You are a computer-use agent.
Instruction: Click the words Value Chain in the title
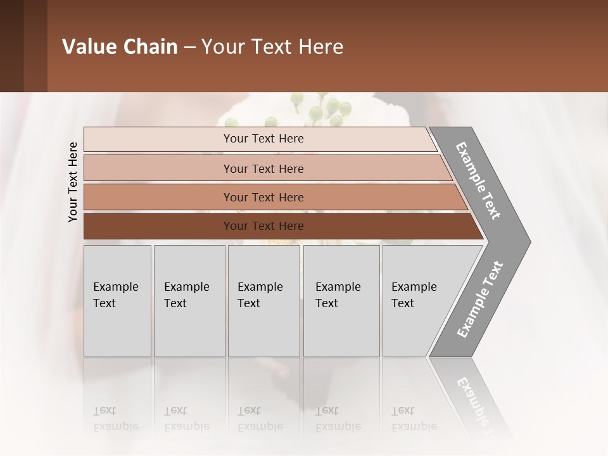(x=120, y=47)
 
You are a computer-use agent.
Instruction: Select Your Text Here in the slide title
(x=272, y=47)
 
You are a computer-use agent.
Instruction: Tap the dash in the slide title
(x=189, y=47)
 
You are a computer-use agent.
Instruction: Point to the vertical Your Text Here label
(x=73, y=182)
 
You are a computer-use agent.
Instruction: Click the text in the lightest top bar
(x=263, y=139)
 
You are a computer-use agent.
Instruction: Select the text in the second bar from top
(x=263, y=168)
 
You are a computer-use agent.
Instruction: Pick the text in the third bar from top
(x=263, y=198)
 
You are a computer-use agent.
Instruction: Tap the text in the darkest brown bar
(x=263, y=226)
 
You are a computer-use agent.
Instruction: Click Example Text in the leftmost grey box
(x=115, y=295)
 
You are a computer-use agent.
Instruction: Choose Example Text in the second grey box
(x=186, y=295)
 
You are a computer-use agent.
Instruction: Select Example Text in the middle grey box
(x=260, y=295)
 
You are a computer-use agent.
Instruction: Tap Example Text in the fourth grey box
(x=338, y=295)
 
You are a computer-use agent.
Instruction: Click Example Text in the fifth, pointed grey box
(x=414, y=295)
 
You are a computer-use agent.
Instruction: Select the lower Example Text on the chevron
(x=479, y=300)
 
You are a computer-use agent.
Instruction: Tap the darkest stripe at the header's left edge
(x=11, y=46)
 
